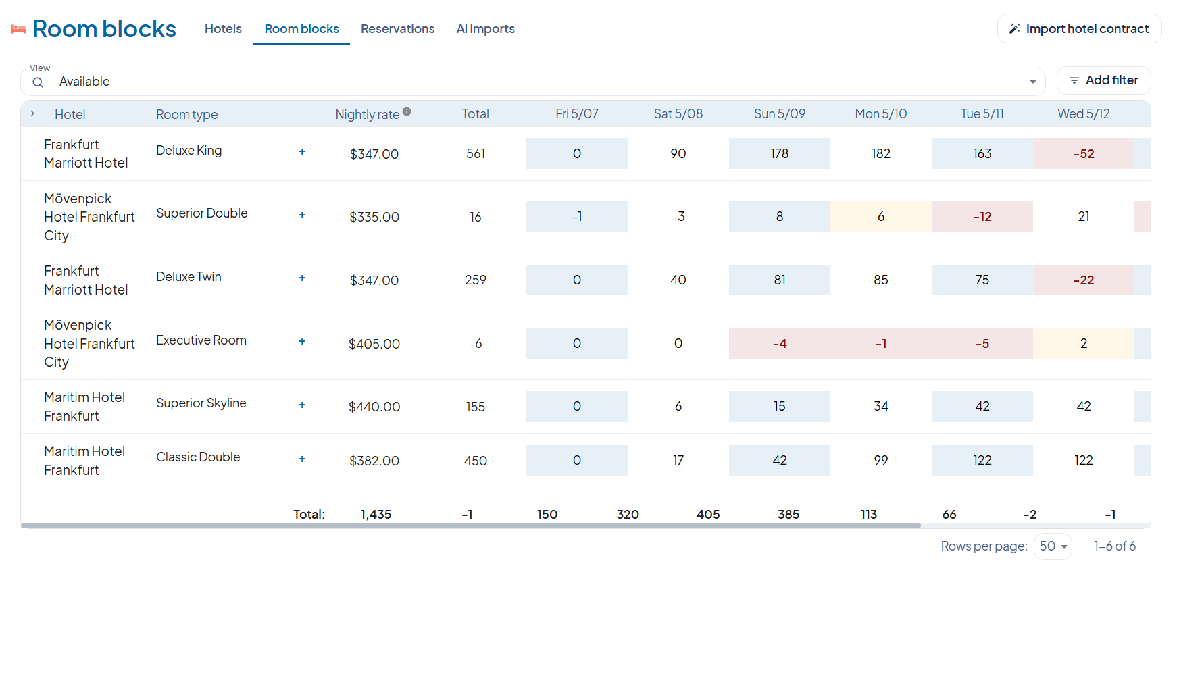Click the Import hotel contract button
(x=1079, y=29)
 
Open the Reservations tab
(x=397, y=29)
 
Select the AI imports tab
(x=485, y=29)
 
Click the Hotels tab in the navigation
(x=223, y=29)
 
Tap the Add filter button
(x=1103, y=80)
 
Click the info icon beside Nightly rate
(x=407, y=111)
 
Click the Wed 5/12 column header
(x=1084, y=114)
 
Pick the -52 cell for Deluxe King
(x=1084, y=153)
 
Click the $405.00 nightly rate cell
(x=374, y=344)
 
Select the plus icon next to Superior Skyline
(x=302, y=405)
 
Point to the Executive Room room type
(x=201, y=340)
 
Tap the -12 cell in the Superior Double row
(x=982, y=217)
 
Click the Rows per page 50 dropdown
(x=1053, y=546)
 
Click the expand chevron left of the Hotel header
(x=32, y=113)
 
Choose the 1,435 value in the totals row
(x=376, y=515)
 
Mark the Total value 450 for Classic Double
(x=476, y=461)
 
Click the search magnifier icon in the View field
(x=38, y=82)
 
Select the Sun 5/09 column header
(x=780, y=114)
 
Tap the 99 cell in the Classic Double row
(x=881, y=461)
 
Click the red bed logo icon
(x=18, y=30)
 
